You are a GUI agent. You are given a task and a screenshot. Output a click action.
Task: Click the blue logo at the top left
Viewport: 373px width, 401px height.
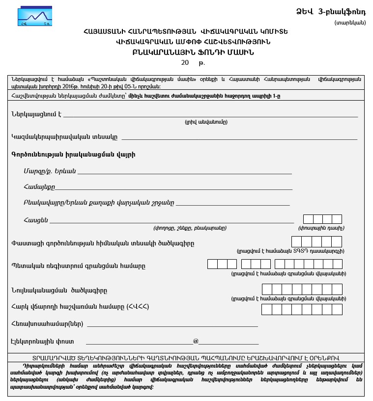(34, 17)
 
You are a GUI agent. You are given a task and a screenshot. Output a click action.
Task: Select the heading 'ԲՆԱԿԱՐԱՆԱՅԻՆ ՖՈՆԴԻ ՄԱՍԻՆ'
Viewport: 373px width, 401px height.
(186, 52)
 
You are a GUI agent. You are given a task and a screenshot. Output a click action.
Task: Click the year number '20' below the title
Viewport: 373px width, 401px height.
(185, 63)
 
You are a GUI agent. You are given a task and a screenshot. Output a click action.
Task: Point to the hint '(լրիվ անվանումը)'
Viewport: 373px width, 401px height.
(206, 122)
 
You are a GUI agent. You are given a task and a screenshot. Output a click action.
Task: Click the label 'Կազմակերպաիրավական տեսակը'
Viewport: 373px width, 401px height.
(64, 136)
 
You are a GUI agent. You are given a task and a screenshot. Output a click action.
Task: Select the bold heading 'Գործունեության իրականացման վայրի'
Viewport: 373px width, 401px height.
(73, 155)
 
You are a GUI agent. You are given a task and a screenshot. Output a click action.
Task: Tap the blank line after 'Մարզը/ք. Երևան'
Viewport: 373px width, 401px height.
(184, 173)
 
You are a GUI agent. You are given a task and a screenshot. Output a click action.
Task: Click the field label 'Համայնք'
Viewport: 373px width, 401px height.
(39, 187)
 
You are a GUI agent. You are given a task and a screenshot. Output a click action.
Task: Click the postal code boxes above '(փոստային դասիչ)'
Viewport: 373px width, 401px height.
(322, 219)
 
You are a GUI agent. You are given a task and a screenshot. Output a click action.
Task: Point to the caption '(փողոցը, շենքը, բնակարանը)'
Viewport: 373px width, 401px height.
(190, 228)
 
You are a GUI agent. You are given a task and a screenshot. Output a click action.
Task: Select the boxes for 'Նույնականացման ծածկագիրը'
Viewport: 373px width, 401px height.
(302, 289)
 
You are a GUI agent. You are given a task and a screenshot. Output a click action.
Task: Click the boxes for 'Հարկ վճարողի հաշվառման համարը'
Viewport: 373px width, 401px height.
(302, 310)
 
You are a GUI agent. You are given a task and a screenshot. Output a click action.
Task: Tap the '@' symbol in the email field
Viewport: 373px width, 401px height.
(196, 341)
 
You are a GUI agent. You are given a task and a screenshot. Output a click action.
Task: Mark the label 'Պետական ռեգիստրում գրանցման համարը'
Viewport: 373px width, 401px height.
(78, 266)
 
